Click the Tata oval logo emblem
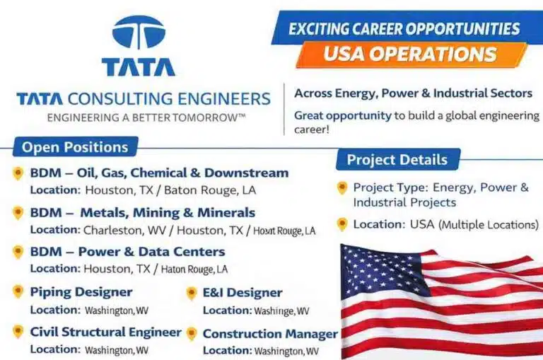(138, 33)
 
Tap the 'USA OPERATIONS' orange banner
(410, 54)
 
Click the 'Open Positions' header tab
(75, 147)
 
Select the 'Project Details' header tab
(397, 159)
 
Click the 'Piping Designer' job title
(81, 291)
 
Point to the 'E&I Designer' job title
(243, 293)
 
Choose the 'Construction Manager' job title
(269, 334)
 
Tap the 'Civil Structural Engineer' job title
(105, 332)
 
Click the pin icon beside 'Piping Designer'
(18, 292)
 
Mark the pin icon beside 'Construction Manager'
(191, 334)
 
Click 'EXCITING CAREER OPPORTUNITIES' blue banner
(404, 29)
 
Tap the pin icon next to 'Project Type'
(342, 188)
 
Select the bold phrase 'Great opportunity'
(342, 115)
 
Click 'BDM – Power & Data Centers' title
(127, 252)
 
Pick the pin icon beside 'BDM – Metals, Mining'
(18, 213)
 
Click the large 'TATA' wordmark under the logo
(138, 66)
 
